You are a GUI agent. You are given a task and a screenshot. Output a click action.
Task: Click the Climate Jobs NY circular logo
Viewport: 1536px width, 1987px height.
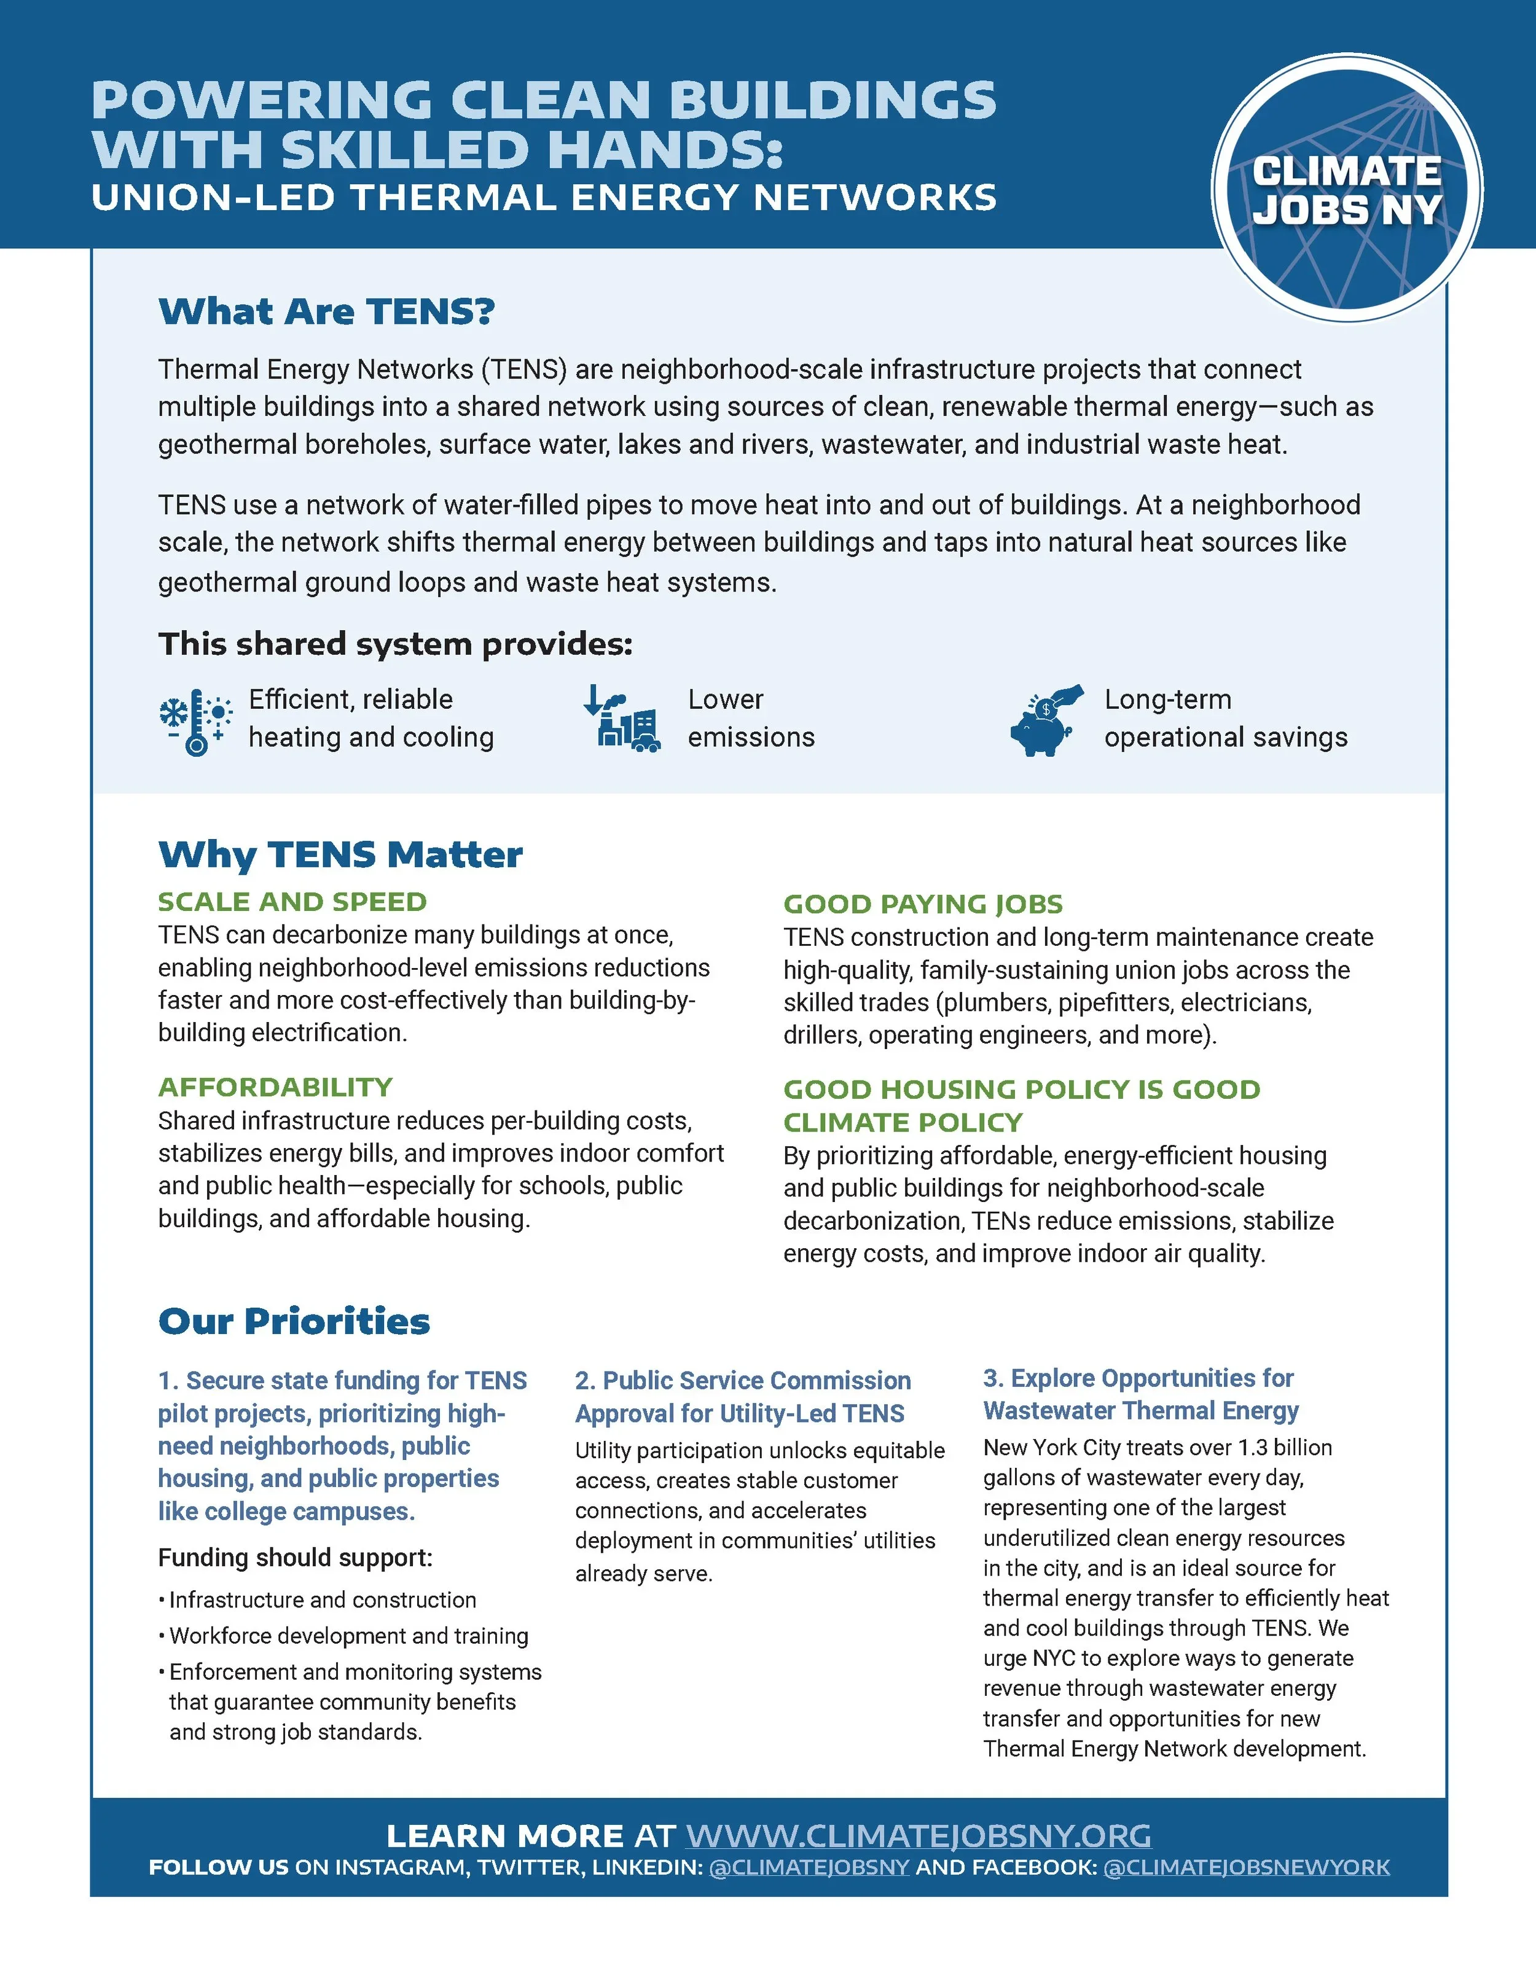1347,189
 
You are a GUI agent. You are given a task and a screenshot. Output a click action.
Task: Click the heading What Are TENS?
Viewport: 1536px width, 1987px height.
327,311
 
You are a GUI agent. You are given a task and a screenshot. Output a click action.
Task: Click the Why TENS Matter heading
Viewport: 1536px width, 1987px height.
340,854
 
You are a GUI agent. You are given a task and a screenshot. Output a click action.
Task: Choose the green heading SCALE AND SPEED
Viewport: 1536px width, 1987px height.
292,902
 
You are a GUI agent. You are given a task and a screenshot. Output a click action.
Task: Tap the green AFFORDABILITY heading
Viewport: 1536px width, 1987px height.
275,1087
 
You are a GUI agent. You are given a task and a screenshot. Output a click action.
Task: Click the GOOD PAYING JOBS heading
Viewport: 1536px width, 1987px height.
923,904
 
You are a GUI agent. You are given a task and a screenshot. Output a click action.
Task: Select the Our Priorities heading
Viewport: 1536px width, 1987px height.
294,1321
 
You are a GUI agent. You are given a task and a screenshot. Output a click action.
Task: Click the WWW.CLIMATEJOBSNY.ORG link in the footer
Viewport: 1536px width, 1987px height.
918,1835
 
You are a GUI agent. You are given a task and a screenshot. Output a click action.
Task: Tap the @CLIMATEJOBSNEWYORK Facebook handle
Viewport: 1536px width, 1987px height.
1246,1868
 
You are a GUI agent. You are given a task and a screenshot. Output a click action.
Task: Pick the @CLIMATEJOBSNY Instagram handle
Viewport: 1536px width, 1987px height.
809,1868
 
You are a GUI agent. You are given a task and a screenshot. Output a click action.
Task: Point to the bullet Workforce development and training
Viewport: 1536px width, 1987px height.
348,1636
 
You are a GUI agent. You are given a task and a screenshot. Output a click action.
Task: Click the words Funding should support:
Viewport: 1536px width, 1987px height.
295,1558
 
